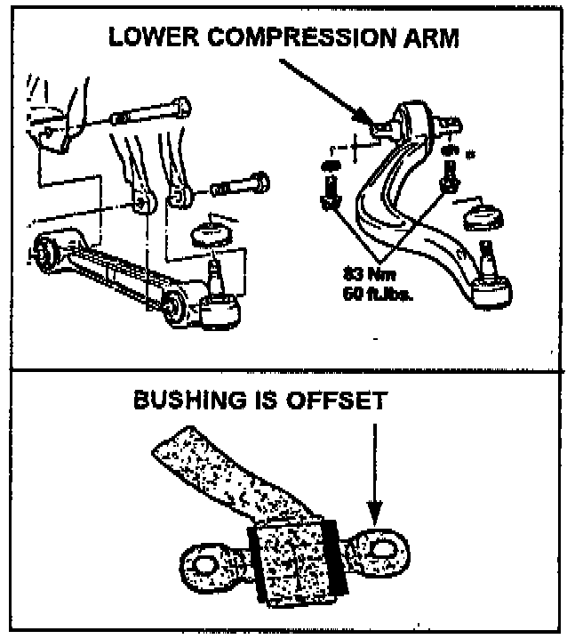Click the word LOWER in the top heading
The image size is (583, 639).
pos(143,39)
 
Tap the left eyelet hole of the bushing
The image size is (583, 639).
pos(204,563)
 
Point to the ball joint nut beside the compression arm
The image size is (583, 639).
pos(483,216)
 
